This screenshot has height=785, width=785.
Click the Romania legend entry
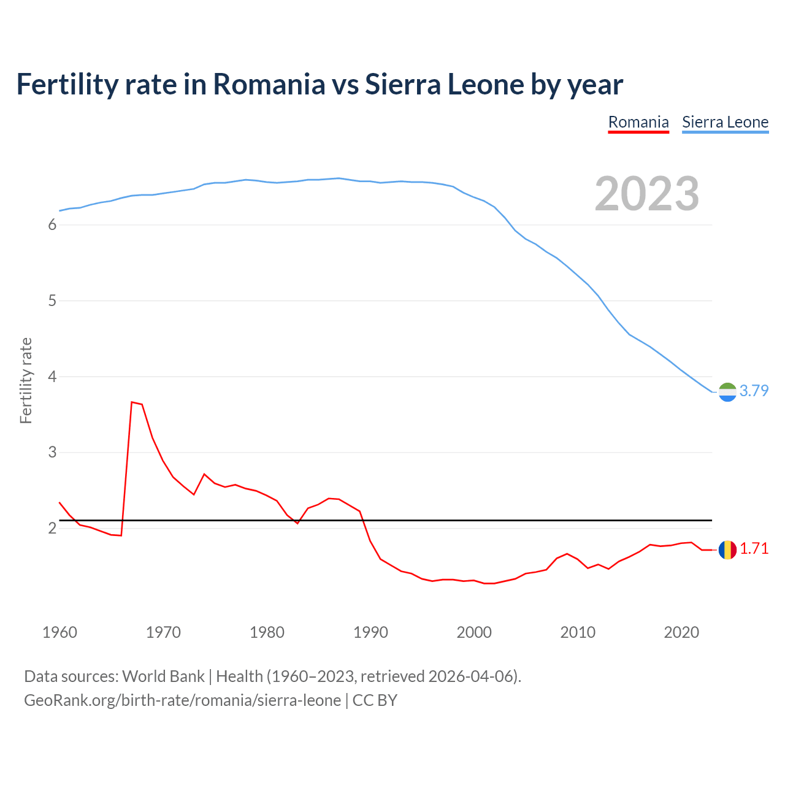pyautogui.click(x=638, y=122)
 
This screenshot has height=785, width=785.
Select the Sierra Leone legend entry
pyautogui.click(x=725, y=122)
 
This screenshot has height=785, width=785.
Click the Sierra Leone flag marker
pyautogui.click(x=727, y=391)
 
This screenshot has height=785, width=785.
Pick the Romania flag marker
pyautogui.click(x=727, y=549)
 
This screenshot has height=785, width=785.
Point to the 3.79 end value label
pyautogui.click(x=754, y=391)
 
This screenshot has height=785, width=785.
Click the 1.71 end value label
pyautogui.click(x=754, y=549)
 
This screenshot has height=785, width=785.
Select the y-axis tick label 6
pyautogui.click(x=52, y=225)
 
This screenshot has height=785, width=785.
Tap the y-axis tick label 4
pyautogui.click(x=52, y=377)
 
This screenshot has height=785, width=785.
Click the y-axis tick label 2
pyautogui.click(x=52, y=528)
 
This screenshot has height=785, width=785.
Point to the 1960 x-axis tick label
pyautogui.click(x=59, y=632)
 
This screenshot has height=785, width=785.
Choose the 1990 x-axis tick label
pyautogui.click(x=370, y=632)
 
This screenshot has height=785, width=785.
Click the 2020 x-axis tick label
pyautogui.click(x=681, y=632)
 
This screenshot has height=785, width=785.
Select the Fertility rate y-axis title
pyautogui.click(x=26, y=380)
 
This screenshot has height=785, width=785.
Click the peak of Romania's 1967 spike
pyautogui.click(x=132, y=402)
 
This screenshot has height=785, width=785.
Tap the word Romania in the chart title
pyautogui.click(x=269, y=85)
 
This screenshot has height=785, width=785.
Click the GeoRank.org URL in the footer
pyautogui.click(x=182, y=700)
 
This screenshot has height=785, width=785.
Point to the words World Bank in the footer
pyautogui.click(x=163, y=676)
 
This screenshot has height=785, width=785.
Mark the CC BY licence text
pyautogui.click(x=375, y=700)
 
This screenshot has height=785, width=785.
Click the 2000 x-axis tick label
pyautogui.click(x=474, y=632)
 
